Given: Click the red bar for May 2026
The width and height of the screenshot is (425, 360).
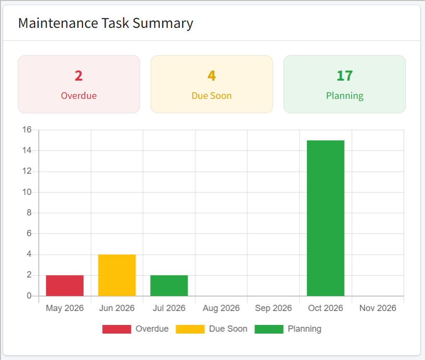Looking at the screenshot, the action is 65,286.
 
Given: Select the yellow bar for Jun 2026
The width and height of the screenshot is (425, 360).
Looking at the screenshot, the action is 117,275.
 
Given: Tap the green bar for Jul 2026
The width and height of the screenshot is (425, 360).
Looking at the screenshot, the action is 169,286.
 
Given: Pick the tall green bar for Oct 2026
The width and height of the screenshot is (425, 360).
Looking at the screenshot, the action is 326,218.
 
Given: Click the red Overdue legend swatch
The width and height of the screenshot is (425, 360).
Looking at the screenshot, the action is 117,329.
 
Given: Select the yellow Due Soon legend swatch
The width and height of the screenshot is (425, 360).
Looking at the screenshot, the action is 190,329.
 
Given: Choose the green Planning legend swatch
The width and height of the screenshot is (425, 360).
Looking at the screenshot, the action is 269,329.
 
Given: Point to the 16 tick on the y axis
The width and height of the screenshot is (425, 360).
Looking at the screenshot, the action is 27,130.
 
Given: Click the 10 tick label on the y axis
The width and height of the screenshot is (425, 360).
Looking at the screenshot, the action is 27,192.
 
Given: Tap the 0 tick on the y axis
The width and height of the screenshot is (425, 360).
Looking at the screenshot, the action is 29,296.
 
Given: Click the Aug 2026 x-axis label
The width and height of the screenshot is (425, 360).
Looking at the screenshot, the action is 221,308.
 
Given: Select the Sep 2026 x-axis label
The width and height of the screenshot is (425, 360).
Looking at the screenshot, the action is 273,308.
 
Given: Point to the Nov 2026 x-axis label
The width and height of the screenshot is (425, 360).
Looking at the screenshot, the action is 378,308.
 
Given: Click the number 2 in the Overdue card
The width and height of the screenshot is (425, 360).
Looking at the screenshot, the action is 79,76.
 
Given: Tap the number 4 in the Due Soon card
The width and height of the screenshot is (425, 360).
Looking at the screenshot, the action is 212,76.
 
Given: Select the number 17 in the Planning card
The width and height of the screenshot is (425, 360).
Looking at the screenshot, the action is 344,76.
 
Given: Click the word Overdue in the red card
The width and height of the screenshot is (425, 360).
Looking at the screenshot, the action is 79,96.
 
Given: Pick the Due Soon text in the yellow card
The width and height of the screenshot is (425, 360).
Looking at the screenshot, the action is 212,96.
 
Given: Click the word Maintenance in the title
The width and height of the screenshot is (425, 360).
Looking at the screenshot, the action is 58,23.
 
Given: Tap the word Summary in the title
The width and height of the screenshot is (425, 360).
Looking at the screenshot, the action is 163,24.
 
